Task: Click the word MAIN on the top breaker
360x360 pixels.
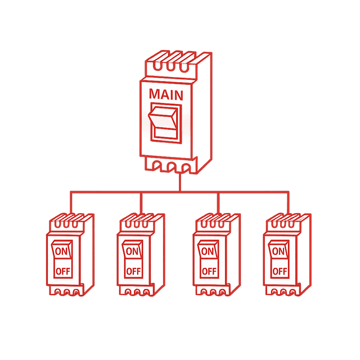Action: click(166, 94)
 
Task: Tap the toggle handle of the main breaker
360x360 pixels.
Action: click(164, 123)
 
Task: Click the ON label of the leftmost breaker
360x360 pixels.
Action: click(61, 251)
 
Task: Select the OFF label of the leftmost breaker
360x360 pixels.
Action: click(63, 271)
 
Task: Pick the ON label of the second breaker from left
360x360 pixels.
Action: click(132, 251)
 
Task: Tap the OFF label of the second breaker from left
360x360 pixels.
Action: click(133, 271)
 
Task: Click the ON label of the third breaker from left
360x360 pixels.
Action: click(208, 251)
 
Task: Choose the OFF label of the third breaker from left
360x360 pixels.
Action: click(209, 271)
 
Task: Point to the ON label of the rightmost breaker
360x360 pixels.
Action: click(278, 251)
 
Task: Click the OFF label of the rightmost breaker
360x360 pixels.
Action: click(280, 271)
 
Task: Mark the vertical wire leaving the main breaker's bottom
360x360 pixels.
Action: click(180, 182)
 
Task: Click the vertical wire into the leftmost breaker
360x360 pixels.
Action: click(71, 202)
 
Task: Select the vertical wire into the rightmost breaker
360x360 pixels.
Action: click(289, 202)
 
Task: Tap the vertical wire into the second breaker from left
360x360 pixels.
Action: click(141, 202)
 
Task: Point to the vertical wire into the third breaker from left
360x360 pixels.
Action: click(218, 202)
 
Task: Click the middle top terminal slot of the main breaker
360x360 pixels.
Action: click(170, 66)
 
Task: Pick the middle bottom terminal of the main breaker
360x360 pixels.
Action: click(171, 167)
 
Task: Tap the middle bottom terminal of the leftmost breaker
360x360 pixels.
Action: click(66, 292)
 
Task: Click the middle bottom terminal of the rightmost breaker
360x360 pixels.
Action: click(283, 292)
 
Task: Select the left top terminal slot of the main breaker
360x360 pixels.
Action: click(157, 66)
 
